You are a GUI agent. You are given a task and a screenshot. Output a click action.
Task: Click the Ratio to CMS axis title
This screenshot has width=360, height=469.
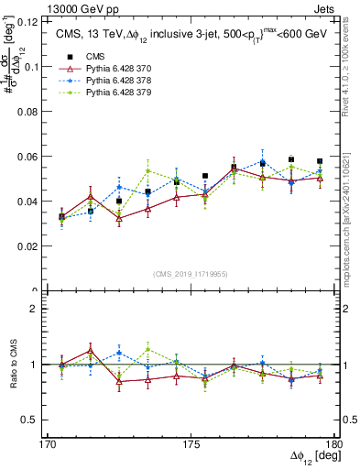12,366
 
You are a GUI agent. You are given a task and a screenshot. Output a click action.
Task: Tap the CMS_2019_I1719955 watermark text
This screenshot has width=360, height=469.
191,273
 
